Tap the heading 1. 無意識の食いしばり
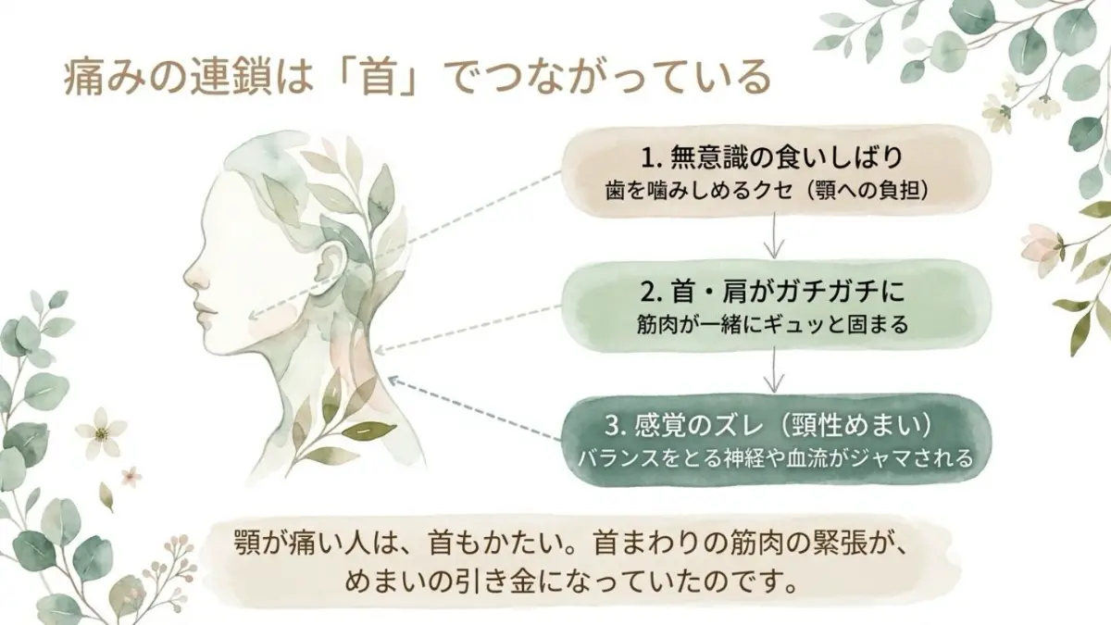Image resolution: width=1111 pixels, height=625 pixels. pyautogui.click(x=772, y=156)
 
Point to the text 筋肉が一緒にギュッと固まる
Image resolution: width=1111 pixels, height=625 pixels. pyautogui.click(x=772, y=326)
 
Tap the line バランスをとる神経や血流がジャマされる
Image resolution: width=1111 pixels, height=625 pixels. pyautogui.click(x=772, y=457)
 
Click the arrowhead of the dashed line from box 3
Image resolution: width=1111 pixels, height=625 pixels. pyautogui.click(x=392, y=379)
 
